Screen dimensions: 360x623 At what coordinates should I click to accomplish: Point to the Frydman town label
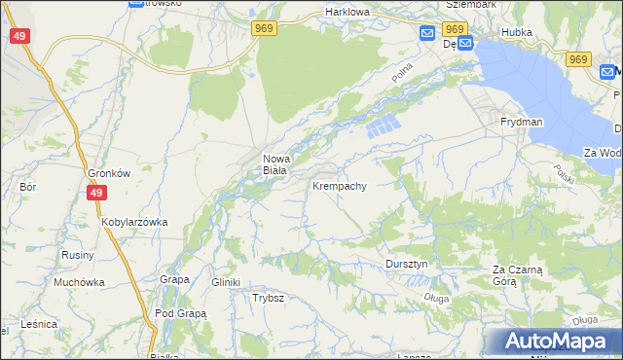(x=521, y=122)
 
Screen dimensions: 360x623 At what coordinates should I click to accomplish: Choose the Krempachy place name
(x=339, y=185)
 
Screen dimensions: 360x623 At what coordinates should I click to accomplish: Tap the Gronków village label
(x=109, y=173)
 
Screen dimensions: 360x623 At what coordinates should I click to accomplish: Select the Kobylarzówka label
(x=134, y=222)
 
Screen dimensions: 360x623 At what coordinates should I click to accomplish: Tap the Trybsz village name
(x=268, y=298)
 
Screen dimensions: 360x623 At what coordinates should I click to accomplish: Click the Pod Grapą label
(x=180, y=313)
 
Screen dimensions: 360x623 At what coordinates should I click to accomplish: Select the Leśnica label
(x=39, y=323)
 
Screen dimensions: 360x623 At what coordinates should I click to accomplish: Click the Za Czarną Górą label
(x=517, y=274)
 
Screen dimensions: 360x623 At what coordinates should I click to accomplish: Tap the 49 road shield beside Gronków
(x=95, y=194)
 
